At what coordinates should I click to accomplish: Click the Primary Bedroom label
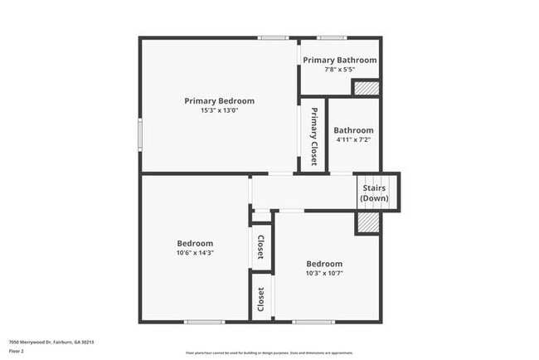pos(219,100)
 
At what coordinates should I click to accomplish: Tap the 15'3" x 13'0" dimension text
pos(219,110)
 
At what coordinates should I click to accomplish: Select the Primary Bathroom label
pos(339,60)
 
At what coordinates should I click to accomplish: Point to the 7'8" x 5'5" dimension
pos(339,70)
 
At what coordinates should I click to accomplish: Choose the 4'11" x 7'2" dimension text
pos(353,140)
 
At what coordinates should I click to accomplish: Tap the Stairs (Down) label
pos(374,193)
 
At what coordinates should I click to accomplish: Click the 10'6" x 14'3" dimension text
pos(195,253)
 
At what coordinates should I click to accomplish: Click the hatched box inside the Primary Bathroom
pos(366,88)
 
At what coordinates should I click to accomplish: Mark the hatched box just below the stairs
pos(367,222)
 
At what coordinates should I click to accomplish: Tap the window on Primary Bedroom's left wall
pos(139,133)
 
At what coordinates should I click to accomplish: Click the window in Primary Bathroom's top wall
pos(332,37)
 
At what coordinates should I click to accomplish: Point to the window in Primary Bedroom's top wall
pos(272,37)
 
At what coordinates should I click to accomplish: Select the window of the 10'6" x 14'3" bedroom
pos(204,321)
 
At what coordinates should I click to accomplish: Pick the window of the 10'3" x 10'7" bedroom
pos(313,321)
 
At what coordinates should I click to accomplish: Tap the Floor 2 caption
pos(17,351)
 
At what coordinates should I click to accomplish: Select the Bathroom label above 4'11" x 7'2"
pos(353,130)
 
